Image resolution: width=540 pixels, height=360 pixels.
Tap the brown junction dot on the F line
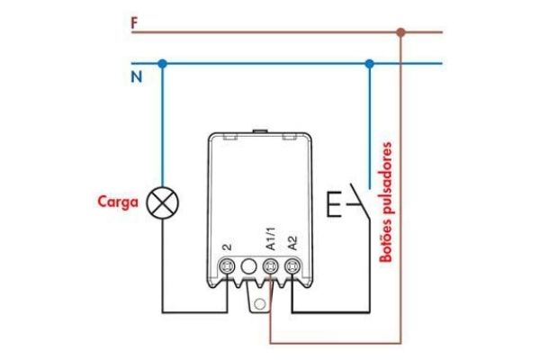[401, 32]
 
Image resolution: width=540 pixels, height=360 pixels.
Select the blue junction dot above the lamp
[162, 63]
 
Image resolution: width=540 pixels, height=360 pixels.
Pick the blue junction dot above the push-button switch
[369, 63]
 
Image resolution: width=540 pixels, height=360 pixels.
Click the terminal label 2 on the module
[227, 245]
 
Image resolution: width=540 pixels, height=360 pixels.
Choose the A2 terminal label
[292, 241]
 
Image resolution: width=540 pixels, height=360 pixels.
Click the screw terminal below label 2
[228, 266]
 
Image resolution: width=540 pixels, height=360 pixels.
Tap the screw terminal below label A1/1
[269, 266]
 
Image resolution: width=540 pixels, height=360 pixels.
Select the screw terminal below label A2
[292, 266]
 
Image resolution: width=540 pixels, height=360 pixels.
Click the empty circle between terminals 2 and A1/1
[248, 266]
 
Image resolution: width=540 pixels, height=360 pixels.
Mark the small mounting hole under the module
[260, 301]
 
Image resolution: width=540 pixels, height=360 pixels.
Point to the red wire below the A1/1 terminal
[270, 324]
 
